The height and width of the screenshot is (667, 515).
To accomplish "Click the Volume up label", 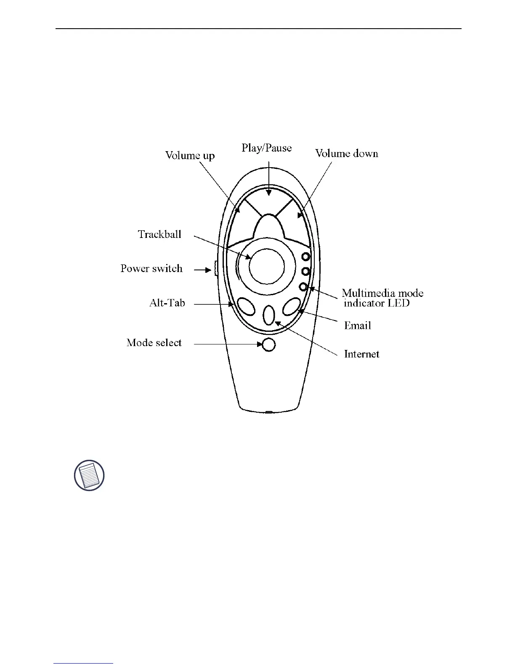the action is click(x=190, y=155).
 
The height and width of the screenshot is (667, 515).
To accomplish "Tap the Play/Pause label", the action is click(x=266, y=148).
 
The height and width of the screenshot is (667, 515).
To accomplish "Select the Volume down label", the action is click(x=347, y=153).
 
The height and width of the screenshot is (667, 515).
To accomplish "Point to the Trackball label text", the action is click(x=159, y=234).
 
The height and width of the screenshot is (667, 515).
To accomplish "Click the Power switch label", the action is click(x=151, y=269).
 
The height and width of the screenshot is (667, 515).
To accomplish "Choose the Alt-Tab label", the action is click(x=167, y=303).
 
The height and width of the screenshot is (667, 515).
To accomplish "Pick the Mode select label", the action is click(x=154, y=343).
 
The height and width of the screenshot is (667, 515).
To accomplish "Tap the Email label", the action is click(x=358, y=325).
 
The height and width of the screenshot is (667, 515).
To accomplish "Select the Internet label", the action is click(x=361, y=354).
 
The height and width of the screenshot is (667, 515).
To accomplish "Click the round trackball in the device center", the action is click(x=267, y=266).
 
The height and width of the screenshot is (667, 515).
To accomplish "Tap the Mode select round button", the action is click(x=268, y=344).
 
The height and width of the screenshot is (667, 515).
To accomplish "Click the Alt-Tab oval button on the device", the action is click(x=246, y=307).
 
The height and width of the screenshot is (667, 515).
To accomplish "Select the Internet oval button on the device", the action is click(x=269, y=315).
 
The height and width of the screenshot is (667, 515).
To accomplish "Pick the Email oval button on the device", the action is click(x=291, y=307).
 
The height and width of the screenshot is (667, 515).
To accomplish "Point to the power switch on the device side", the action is click(x=215, y=268).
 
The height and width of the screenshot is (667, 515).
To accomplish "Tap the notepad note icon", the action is click(x=89, y=475).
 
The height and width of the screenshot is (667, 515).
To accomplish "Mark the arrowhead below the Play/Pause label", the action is click(x=268, y=192).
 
